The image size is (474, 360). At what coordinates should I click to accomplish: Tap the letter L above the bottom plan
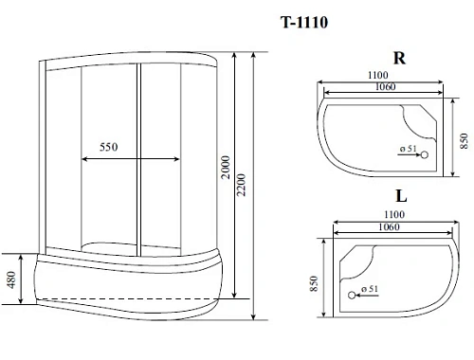(401, 197)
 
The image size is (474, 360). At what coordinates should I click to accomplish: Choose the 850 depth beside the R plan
(463, 140)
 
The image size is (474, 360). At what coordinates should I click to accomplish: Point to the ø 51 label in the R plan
(408, 151)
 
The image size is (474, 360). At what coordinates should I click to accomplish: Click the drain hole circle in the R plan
(424, 153)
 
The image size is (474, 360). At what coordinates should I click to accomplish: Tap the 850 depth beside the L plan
(313, 284)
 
